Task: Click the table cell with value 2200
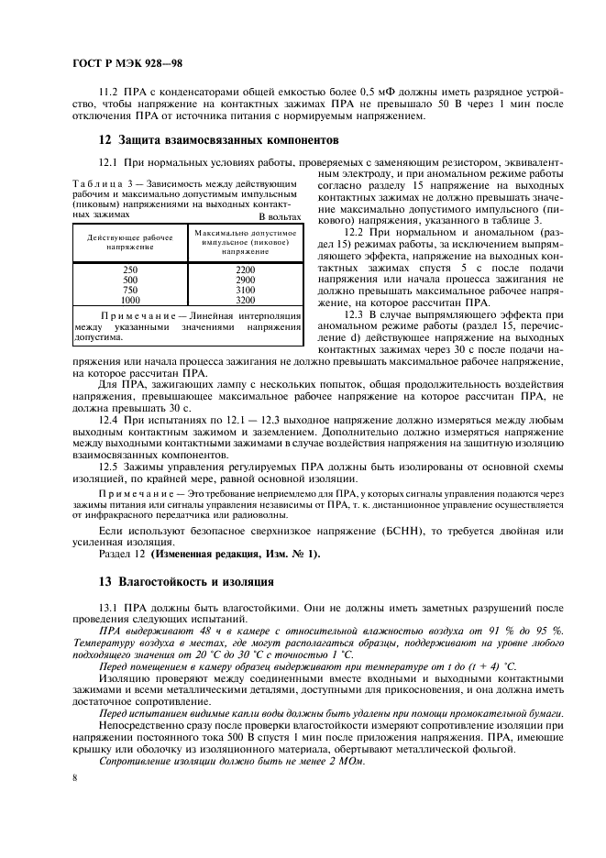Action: click(245, 269)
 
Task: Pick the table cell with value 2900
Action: click(245, 279)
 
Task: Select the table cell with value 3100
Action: click(245, 289)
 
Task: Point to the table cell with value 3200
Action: click(245, 299)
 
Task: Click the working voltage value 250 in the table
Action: click(130, 269)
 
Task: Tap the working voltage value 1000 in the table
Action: click(130, 299)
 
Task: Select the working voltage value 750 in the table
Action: click(130, 289)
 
